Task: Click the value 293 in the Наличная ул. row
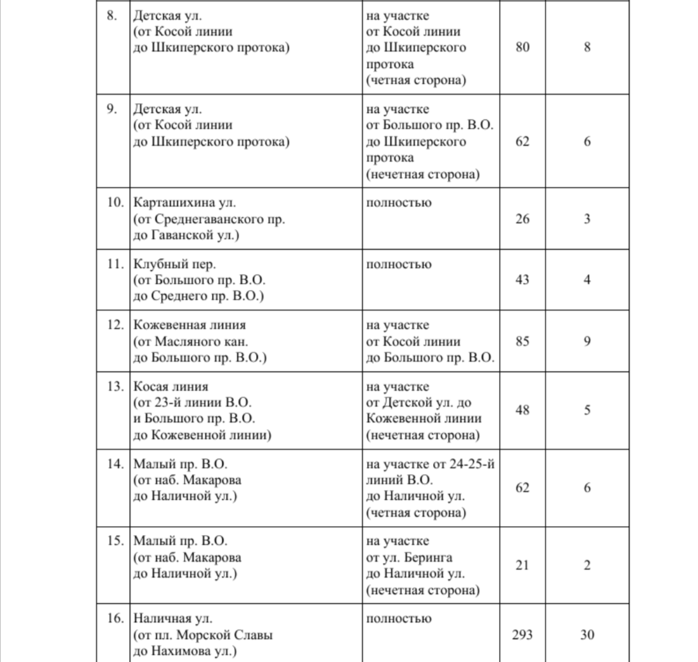point(522,635)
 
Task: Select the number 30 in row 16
point(586,635)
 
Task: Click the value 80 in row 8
point(522,47)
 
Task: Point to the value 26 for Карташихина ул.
point(522,219)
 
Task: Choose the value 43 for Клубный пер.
point(522,280)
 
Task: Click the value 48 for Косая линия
point(522,411)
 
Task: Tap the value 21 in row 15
point(522,565)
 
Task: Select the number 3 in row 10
point(586,219)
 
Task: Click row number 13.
point(115,387)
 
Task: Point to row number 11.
point(115,264)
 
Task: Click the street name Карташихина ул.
point(185,203)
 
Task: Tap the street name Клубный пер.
point(174,264)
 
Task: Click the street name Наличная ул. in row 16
point(173,619)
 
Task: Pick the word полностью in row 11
point(398,264)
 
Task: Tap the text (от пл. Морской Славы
point(203,635)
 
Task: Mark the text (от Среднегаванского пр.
point(209,219)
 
